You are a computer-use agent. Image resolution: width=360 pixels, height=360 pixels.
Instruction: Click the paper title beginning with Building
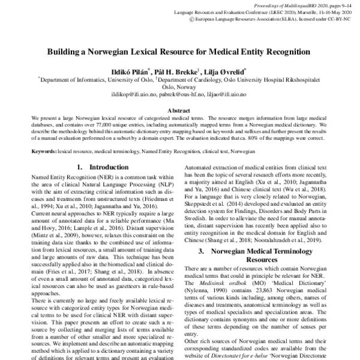click(x=179, y=52)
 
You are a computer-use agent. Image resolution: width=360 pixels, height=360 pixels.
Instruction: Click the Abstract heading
click(x=179, y=110)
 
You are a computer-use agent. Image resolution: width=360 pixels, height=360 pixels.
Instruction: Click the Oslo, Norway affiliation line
click(x=179, y=86)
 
